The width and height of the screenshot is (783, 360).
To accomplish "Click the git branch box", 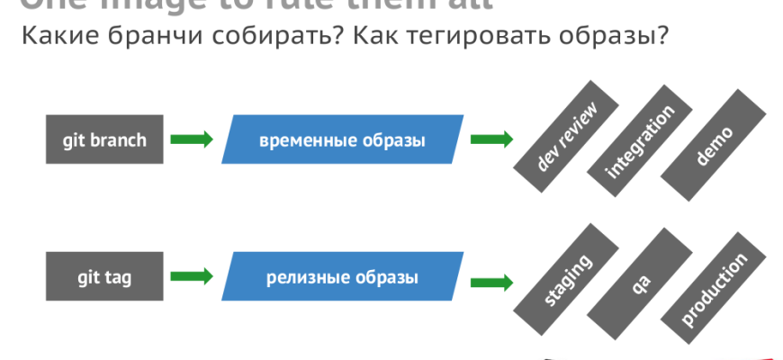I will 104,139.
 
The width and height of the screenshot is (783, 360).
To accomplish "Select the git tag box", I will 104,276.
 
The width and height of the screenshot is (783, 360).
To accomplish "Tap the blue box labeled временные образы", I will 343,139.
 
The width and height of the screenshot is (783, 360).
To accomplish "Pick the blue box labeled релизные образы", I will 343,276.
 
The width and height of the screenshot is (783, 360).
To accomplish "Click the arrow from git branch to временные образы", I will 192,139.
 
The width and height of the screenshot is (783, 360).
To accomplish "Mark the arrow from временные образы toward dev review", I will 491,139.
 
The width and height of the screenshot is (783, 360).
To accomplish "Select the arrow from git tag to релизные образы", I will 192,276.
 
